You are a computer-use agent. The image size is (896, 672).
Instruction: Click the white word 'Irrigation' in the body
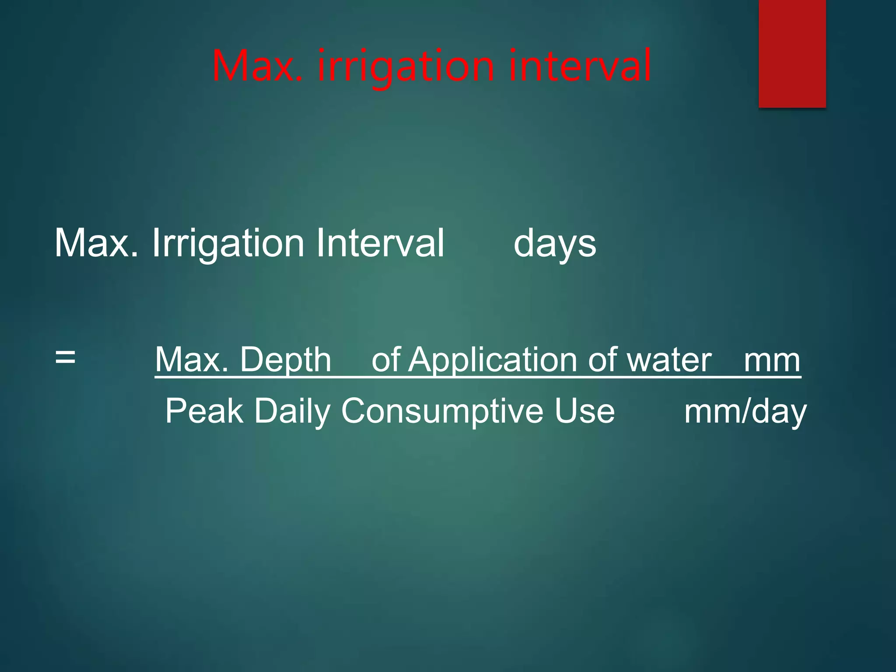228,244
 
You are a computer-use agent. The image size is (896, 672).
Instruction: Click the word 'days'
554,244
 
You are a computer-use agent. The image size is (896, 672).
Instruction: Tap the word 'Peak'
204,411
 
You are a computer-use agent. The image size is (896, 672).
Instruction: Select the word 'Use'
584,411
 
